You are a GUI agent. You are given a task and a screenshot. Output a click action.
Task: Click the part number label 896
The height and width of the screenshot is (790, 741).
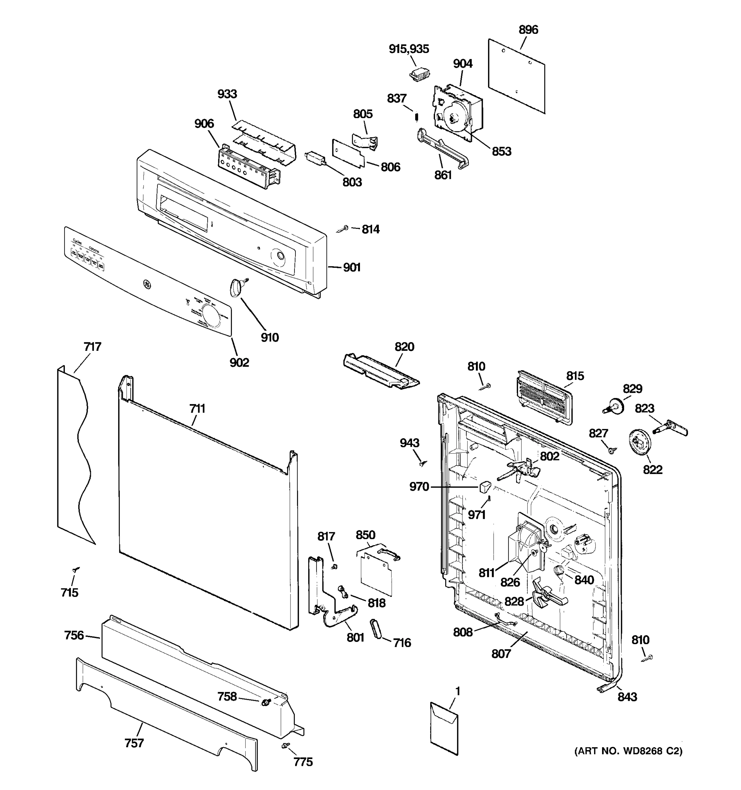[x=528, y=30]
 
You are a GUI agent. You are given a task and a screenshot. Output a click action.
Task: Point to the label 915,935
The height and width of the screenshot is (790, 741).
[x=409, y=49]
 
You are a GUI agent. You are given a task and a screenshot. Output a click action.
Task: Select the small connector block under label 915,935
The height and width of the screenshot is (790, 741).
[x=419, y=74]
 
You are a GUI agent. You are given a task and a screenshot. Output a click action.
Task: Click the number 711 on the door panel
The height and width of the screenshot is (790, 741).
[x=197, y=408]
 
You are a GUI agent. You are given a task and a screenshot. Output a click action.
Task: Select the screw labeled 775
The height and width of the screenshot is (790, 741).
[x=286, y=746]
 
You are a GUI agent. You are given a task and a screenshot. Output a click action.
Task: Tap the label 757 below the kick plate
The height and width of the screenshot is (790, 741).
[x=134, y=743]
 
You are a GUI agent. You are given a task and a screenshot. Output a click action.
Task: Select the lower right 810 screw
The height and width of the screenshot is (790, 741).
[x=647, y=658]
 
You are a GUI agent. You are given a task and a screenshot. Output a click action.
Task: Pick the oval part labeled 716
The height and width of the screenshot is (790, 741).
[x=376, y=629]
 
